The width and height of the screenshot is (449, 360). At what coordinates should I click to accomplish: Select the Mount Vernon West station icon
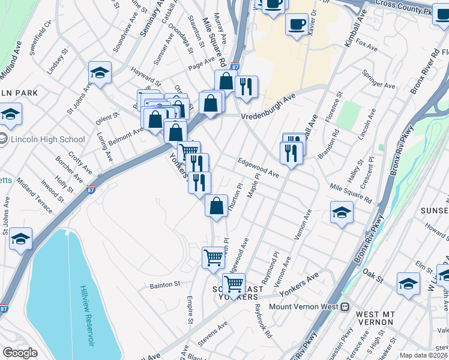[x=345, y=307]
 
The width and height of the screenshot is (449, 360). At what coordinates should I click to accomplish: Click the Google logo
[x=20, y=353]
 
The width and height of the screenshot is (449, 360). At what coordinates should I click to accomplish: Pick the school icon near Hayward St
[x=100, y=73]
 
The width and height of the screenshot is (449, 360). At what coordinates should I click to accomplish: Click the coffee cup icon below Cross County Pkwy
[x=297, y=25]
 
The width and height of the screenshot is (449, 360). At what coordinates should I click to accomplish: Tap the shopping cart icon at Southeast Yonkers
[x=234, y=283]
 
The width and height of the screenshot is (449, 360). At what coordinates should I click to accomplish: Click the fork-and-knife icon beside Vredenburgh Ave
[x=246, y=86]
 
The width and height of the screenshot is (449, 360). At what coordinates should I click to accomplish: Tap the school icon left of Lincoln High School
[x=10, y=113]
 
